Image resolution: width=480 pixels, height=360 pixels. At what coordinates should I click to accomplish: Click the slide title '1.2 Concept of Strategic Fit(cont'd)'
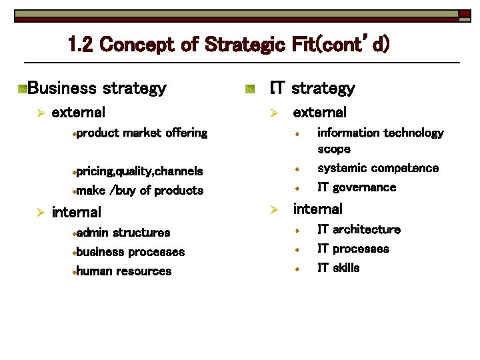pos(228,45)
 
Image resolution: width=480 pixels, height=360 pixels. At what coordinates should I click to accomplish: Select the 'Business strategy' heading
pos(97,88)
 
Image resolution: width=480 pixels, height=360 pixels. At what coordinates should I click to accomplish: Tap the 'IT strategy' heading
pos(312,88)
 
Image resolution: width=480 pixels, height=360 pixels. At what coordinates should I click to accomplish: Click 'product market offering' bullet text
pos(141,133)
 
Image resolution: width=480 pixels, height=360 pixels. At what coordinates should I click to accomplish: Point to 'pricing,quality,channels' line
pos(139,171)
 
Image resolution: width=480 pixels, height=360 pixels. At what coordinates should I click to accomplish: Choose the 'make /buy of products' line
pos(139,191)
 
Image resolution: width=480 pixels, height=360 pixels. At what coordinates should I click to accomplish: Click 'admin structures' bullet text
pos(123,233)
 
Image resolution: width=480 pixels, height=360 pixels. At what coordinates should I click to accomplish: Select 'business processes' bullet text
pos(130,252)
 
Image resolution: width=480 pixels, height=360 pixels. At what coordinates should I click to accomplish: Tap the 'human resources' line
pos(123,271)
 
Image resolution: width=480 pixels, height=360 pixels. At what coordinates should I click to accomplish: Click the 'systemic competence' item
pos(378,168)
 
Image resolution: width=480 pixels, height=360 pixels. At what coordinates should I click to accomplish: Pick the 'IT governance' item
pos(357,187)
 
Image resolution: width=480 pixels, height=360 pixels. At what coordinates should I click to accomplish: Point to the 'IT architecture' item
pos(359,229)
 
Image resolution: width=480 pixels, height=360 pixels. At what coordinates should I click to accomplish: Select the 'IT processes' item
pos(353,249)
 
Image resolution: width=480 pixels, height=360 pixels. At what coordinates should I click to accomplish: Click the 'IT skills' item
pos(338,268)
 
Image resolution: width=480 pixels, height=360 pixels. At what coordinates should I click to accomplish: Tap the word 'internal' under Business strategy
pos(77,212)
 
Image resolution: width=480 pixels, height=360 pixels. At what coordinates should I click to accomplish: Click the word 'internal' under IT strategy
pos(318,209)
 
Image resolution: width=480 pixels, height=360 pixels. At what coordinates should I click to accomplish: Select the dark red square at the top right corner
pos(464,13)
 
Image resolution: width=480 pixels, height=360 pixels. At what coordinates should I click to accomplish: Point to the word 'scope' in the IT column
pos(334,149)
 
